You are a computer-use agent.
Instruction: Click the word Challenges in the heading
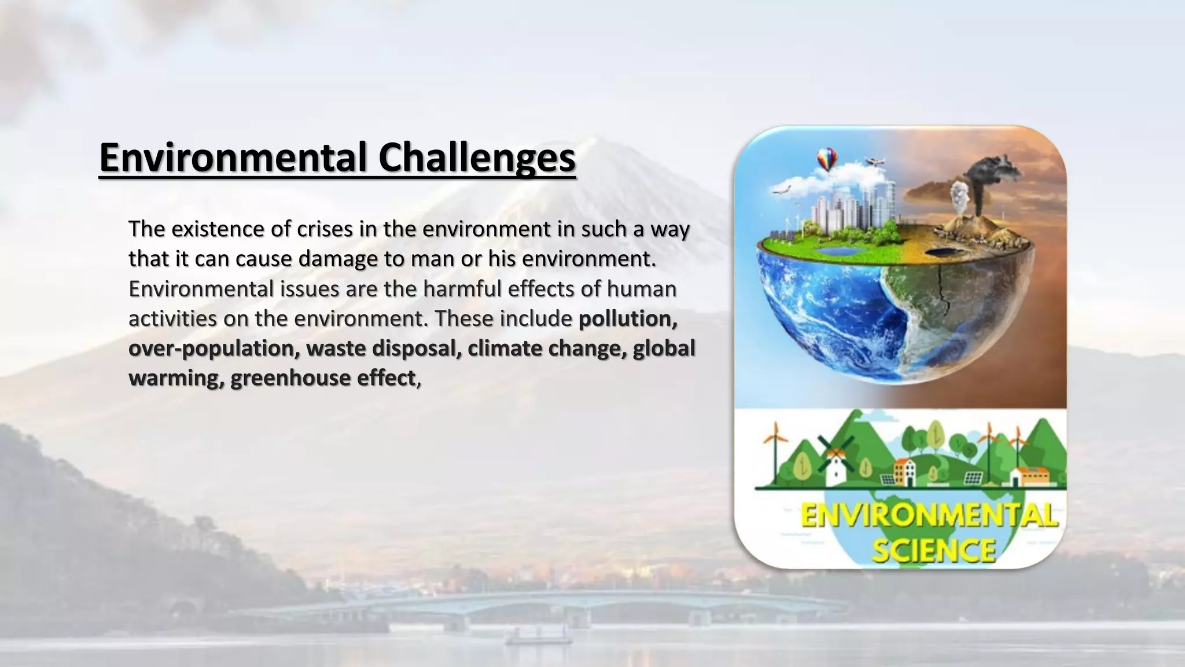point(477,157)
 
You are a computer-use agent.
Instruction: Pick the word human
point(642,288)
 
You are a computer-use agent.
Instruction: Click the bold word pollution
point(628,318)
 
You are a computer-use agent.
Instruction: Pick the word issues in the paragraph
point(310,288)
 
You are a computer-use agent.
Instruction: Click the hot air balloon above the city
point(827,158)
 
